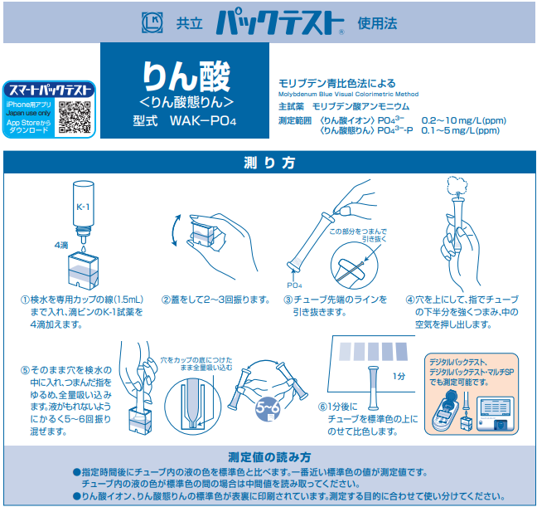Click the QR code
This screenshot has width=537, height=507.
75,117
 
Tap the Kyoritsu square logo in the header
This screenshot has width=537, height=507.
152,22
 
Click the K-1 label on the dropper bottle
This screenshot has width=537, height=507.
83,207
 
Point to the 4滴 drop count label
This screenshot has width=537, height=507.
61,245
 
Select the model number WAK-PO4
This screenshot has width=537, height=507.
203,121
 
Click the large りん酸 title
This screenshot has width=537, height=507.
186,76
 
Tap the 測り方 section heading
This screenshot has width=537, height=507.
269,163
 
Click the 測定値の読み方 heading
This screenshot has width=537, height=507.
269,457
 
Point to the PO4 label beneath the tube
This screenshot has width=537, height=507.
294,285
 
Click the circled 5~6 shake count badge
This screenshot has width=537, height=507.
268,409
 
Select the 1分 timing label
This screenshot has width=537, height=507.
399,376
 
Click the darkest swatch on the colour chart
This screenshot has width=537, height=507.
402,351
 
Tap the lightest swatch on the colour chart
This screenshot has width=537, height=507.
346,352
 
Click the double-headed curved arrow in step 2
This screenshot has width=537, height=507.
174,231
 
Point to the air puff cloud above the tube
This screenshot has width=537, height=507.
457,186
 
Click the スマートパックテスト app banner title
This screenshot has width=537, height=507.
50,90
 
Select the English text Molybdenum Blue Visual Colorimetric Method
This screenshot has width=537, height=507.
348,94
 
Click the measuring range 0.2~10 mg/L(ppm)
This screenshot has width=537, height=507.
464,120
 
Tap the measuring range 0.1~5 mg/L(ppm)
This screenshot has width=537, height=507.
460,130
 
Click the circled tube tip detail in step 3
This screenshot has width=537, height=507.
354,266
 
